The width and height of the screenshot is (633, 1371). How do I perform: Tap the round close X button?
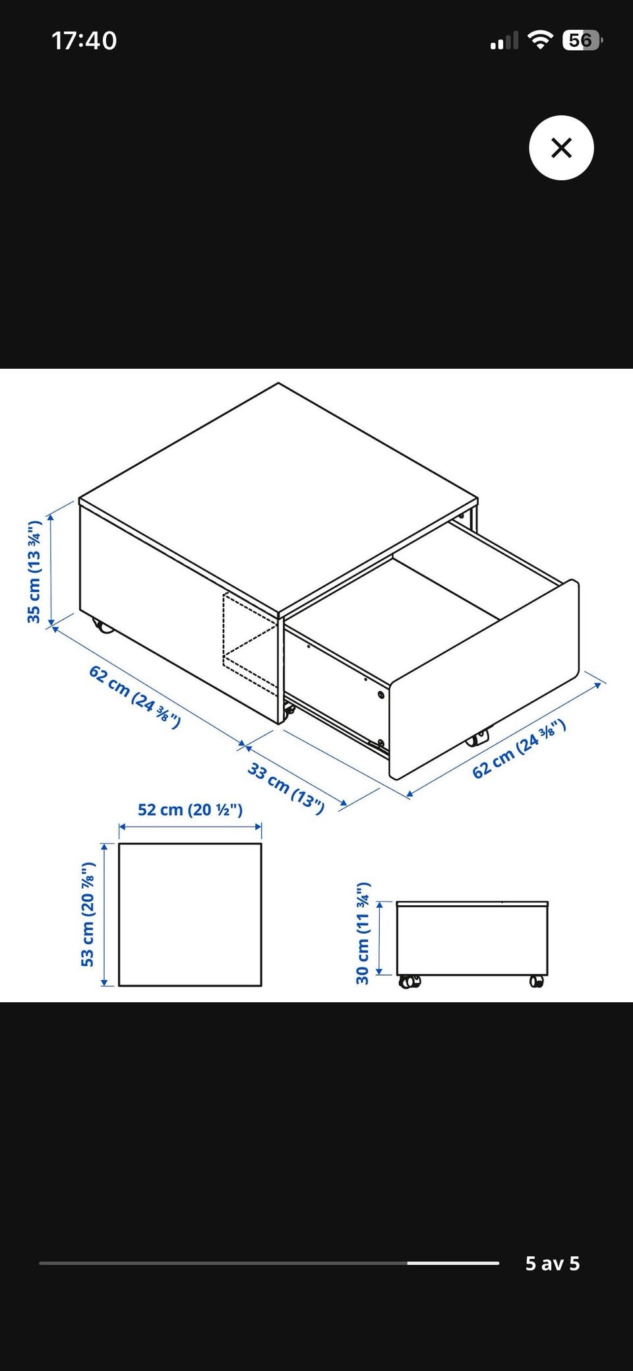coord(561,148)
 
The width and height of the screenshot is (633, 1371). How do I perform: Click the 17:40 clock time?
coord(84,41)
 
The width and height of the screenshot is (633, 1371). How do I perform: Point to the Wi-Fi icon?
coord(540,40)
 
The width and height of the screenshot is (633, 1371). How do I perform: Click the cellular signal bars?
coord(504,41)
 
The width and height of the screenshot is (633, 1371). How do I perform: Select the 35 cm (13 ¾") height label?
coord(34,571)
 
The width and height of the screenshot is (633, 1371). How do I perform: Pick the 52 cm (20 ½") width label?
coord(190,810)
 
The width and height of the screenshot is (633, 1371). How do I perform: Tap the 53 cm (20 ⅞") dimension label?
coord(88,914)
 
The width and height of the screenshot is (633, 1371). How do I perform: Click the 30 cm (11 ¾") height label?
coord(363,932)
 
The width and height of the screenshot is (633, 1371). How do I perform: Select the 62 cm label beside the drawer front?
coord(520,749)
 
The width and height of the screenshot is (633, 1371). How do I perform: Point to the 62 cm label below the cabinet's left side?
coord(135,697)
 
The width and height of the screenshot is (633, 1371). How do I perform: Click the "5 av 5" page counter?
coord(553,1263)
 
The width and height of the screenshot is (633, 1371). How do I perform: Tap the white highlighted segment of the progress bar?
coord(453,1263)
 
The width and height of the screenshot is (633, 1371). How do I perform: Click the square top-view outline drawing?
coord(190,914)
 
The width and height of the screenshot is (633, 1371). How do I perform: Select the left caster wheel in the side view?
coord(409,982)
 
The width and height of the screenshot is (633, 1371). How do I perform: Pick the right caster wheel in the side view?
coord(537,982)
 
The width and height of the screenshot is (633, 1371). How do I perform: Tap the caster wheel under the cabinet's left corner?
coord(102,625)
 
